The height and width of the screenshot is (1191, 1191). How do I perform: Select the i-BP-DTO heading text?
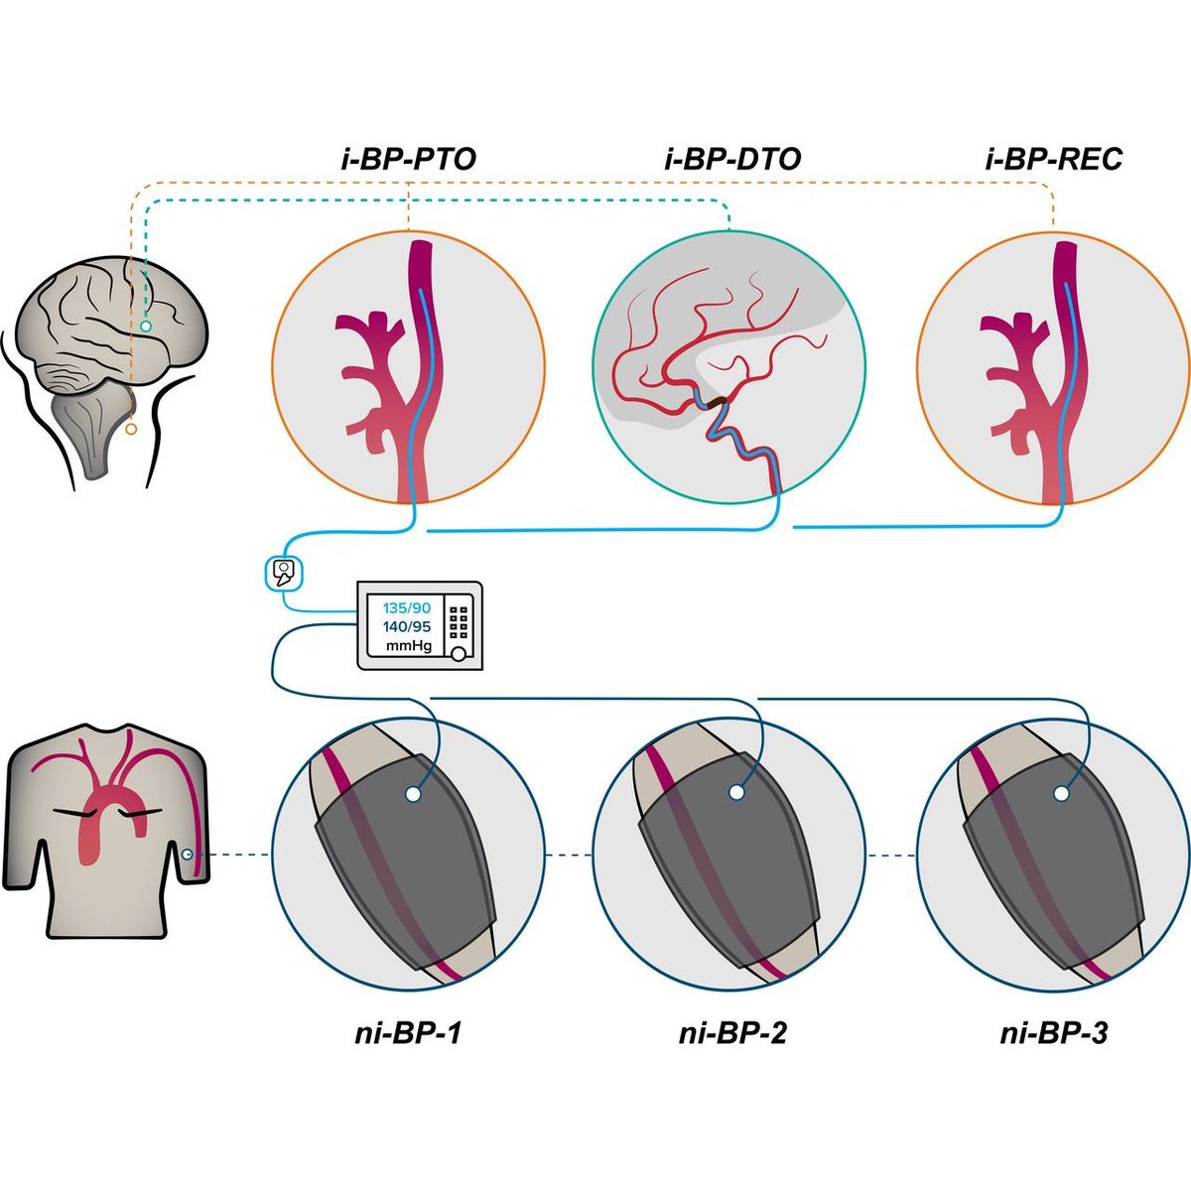730,159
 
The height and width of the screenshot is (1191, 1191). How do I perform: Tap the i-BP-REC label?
1054,159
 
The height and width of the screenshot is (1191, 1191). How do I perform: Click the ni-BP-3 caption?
1053,1033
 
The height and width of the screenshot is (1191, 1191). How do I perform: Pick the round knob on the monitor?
459,653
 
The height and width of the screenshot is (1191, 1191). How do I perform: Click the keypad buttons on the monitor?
459,622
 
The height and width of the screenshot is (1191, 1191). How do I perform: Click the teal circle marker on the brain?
146,326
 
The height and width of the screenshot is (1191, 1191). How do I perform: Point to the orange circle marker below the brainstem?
131,429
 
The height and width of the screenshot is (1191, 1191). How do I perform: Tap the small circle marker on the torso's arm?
188,854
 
